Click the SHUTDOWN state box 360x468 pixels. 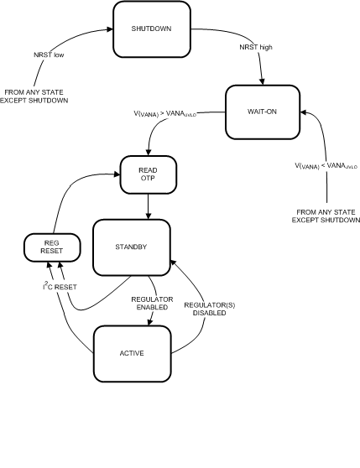(x=152, y=29)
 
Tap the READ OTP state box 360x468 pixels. (x=148, y=173)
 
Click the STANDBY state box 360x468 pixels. (x=130, y=247)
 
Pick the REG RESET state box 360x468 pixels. (x=52, y=247)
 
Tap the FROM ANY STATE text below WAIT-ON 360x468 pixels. (x=324, y=216)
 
